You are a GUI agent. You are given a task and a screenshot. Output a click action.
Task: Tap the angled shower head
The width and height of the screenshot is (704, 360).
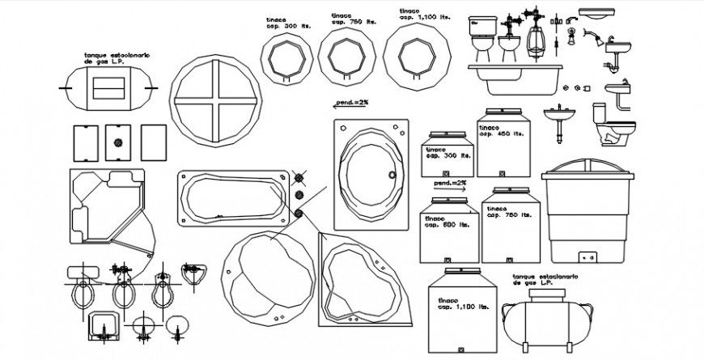click(595, 37)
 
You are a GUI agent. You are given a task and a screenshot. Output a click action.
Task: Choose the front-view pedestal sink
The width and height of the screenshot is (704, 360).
click(559, 124)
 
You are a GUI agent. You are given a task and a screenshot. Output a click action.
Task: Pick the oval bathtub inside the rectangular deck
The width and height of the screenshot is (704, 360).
click(369, 172)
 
